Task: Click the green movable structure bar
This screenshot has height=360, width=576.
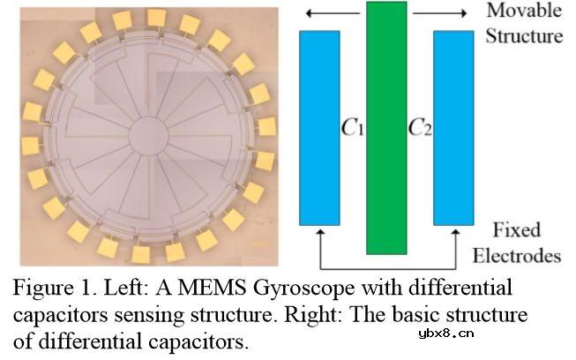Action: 386,128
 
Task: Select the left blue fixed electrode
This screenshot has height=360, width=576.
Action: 319,128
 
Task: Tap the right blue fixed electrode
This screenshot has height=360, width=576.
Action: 453,128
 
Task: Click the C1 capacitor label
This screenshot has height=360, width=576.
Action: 353,128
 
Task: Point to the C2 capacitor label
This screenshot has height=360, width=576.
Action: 420,128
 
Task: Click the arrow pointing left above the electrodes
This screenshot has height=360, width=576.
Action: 333,13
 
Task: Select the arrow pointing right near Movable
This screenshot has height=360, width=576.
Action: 439,13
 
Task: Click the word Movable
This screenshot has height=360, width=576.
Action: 524,10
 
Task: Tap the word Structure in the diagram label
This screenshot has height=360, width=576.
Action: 524,36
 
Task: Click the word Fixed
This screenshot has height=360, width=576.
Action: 517,230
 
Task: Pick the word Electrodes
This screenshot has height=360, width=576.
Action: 517,256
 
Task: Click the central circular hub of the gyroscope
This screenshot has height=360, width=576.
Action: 149,136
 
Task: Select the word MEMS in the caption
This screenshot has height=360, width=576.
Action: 212,288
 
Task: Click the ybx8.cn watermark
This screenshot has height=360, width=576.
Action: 446,334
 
